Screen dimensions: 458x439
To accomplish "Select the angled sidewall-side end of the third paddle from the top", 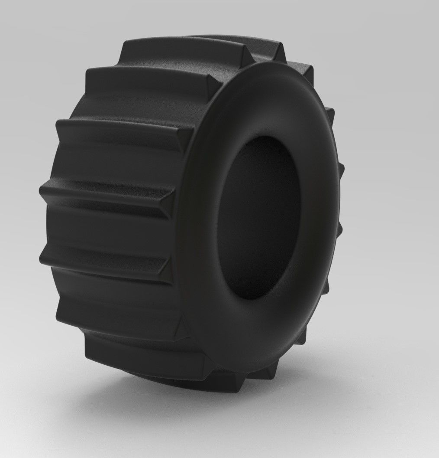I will (184, 139).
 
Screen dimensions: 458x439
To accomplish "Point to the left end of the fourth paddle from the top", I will (43, 191).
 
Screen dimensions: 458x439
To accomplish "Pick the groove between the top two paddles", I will (173, 63).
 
